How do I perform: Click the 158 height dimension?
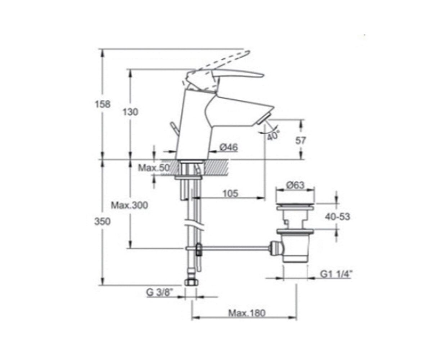pyautogui.click(x=103, y=104)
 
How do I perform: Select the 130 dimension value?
pyautogui.click(x=130, y=112)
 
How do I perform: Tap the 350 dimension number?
pyautogui.click(x=102, y=221)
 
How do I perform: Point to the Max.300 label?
pyautogui.click(x=130, y=206)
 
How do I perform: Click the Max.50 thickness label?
pyautogui.click(x=154, y=168)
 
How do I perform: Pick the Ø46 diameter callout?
pyautogui.click(x=229, y=148)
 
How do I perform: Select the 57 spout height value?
pyautogui.click(x=300, y=140)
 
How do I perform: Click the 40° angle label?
pyautogui.click(x=273, y=135)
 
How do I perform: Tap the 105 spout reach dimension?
pyautogui.click(x=231, y=194)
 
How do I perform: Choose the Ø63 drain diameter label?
pyautogui.click(x=295, y=185)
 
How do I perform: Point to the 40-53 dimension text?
pyautogui.click(x=337, y=217)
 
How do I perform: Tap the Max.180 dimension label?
pyautogui.click(x=247, y=313)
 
